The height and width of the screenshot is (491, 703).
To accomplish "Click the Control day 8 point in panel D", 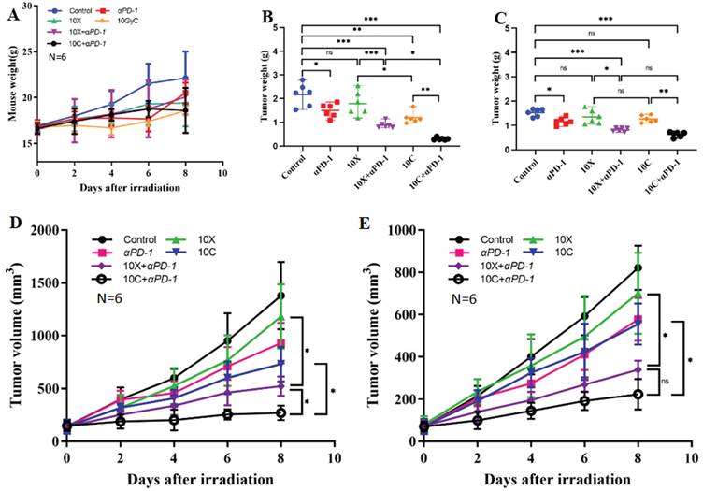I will (x=280, y=296).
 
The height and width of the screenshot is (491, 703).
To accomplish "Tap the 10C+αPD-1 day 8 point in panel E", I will (x=638, y=394).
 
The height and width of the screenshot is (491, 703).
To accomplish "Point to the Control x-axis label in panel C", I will (x=531, y=168).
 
